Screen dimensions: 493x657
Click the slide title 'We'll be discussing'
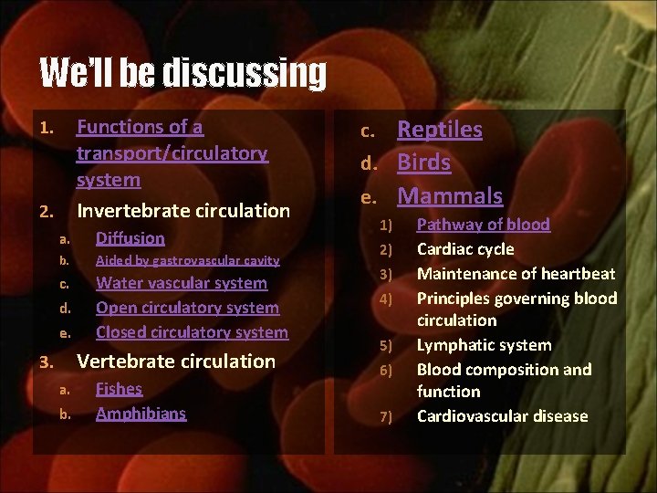tap(182, 73)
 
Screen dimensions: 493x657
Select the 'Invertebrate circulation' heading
tap(182, 211)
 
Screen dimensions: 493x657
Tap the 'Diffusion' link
tap(130, 238)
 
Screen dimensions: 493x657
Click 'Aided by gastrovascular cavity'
tap(187, 261)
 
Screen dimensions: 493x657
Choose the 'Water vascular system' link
tap(182, 284)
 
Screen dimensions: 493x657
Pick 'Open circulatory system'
tap(187, 308)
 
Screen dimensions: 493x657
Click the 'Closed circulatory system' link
tap(192, 332)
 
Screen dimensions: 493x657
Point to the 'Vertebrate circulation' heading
tap(176, 362)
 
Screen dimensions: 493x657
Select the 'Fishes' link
tap(120, 389)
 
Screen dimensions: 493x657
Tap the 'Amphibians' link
tap(141, 413)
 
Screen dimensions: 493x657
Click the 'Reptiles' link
tap(440, 130)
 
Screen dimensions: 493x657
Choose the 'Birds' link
tap(424, 163)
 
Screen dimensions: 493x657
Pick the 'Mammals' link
tap(450, 195)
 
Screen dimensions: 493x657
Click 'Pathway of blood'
tap(484, 225)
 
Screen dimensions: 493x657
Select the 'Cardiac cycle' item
tap(465, 249)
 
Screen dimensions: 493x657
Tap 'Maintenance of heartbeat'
tap(516, 274)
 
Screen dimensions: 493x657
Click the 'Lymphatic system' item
tap(484, 345)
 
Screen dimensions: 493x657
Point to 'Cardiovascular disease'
tap(502, 416)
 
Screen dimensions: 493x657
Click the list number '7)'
tap(385, 417)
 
